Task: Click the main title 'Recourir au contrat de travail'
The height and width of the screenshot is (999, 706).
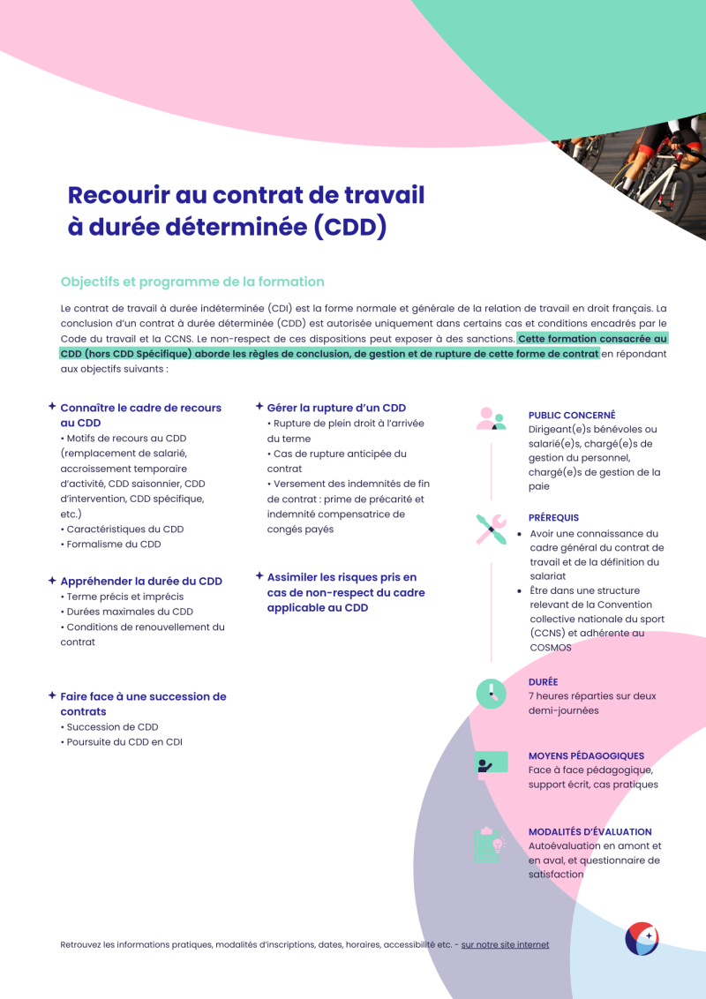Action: pyautogui.click(x=246, y=194)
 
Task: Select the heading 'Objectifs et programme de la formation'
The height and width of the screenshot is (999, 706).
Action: pyautogui.click(x=192, y=282)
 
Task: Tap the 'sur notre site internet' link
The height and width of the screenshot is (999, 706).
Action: pyautogui.click(x=505, y=944)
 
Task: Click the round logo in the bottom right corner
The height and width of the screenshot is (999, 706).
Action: pyautogui.click(x=642, y=939)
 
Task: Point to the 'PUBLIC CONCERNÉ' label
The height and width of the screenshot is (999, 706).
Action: pyautogui.click(x=572, y=415)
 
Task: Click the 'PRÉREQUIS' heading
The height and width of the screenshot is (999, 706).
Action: pyautogui.click(x=553, y=518)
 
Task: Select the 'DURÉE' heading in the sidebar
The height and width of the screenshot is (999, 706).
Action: pyautogui.click(x=543, y=682)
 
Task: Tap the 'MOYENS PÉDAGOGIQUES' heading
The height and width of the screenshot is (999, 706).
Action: pyautogui.click(x=586, y=756)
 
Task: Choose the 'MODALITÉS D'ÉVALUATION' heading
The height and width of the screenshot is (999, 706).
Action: pyautogui.click(x=590, y=831)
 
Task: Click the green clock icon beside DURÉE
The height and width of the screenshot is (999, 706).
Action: pyautogui.click(x=491, y=693)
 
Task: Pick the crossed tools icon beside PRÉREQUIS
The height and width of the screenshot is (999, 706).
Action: pyautogui.click(x=491, y=529)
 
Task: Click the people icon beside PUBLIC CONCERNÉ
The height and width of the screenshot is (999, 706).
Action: pyautogui.click(x=491, y=418)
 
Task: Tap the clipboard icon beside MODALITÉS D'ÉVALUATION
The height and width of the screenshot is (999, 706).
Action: pyautogui.click(x=489, y=844)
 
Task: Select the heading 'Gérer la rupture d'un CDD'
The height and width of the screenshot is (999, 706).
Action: pyautogui.click(x=336, y=408)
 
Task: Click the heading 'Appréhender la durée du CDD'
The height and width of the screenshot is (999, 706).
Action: pyautogui.click(x=141, y=581)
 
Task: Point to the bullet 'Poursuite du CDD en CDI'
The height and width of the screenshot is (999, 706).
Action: pyautogui.click(x=124, y=742)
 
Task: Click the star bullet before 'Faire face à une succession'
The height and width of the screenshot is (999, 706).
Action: pyautogui.click(x=52, y=695)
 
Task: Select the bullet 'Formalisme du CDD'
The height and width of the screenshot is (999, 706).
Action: pyautogui.click(x=113, y=545)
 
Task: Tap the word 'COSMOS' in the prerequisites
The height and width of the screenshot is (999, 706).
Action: pyautogui.click(x=551, y=647)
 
